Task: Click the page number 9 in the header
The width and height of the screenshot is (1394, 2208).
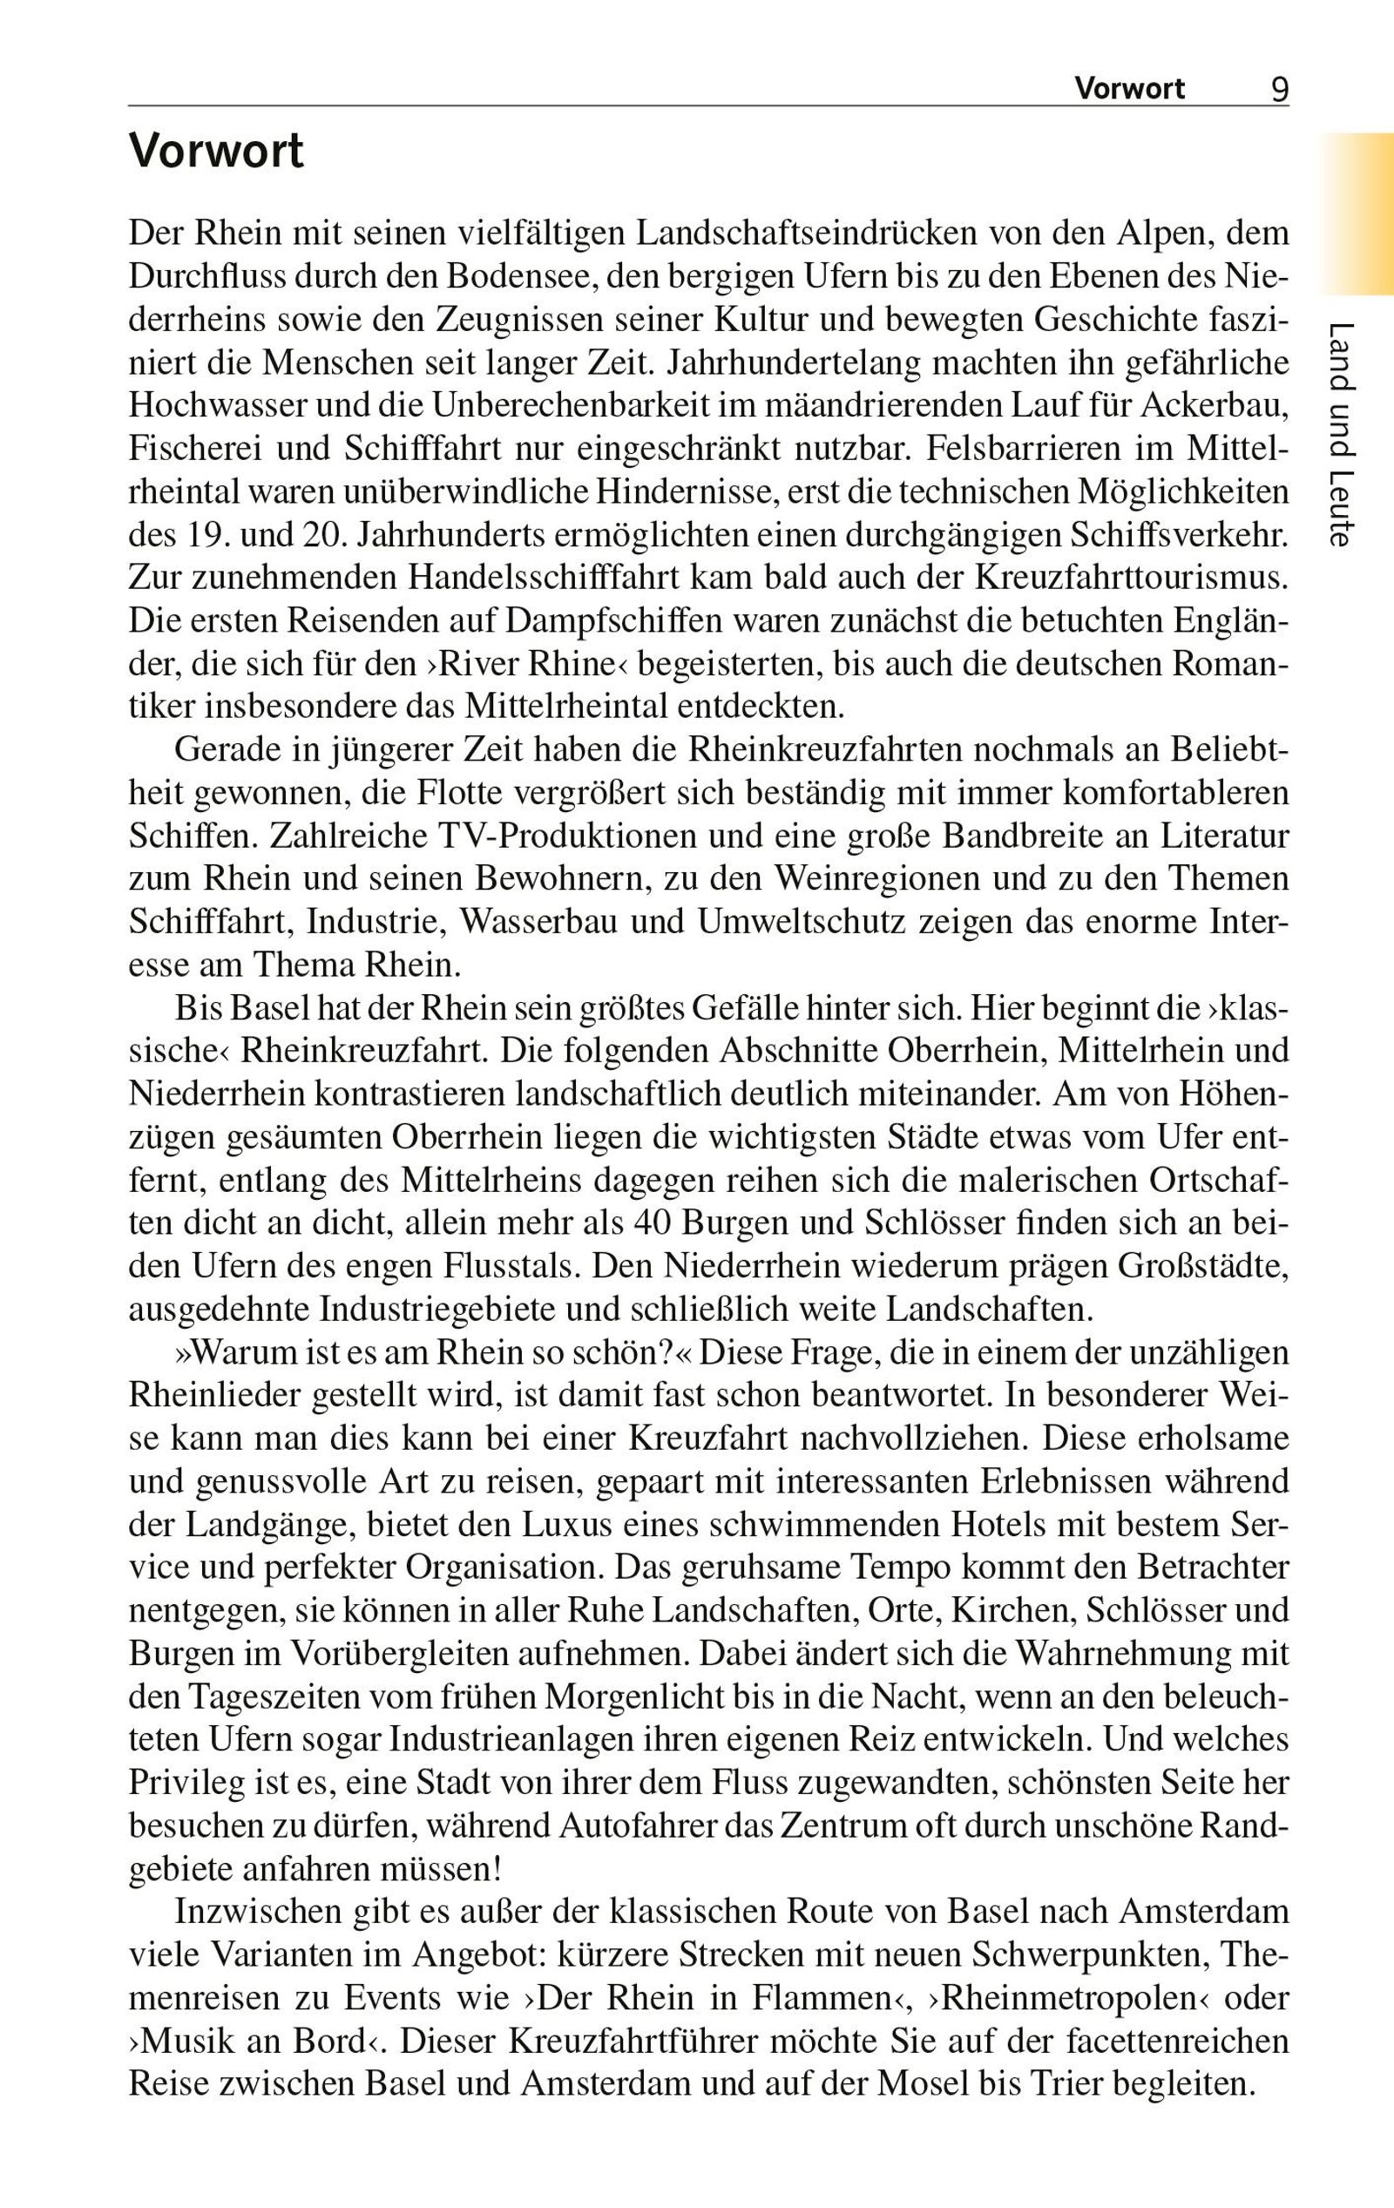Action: point(1279,89)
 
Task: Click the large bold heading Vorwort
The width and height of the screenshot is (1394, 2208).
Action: point(215,152)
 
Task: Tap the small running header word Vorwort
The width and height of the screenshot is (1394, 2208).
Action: point(1129,89)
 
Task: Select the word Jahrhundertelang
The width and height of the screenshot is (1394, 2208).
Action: point(794,363)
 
